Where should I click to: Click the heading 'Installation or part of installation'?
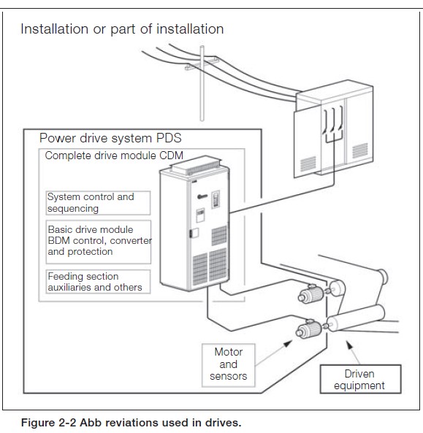122,29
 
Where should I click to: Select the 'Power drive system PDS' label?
110,138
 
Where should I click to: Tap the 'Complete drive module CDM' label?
114,156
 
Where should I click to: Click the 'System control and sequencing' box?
98,203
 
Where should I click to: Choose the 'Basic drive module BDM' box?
99,242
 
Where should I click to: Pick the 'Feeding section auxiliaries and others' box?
98,281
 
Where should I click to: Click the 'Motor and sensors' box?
229,365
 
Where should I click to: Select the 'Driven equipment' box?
360,379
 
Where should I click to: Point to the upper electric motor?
310,294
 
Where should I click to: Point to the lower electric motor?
308,328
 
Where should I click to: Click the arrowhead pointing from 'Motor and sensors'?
288,344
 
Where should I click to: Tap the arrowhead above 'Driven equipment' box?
349,345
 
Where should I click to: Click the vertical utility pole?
202,83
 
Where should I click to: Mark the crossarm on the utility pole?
202,64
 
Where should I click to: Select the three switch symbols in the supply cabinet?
334,120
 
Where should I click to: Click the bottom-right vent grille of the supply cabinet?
360,150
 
